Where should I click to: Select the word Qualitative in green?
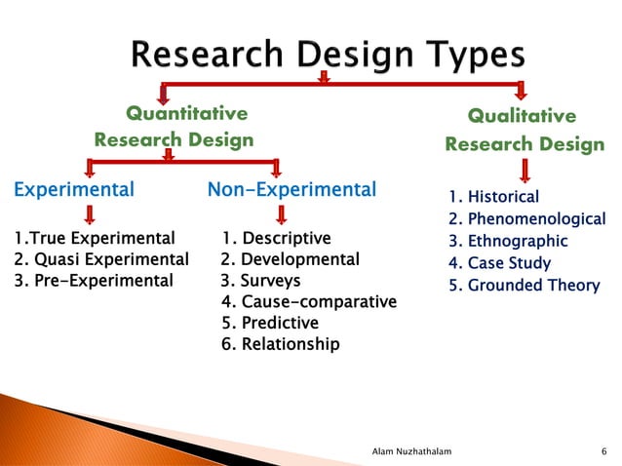(x=522, y=116)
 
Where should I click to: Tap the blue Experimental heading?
(x=73, y=189)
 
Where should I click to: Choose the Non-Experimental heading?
(x=292, y=189)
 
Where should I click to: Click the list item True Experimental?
(x=95, y=238)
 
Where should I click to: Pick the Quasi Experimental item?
(x=100, y=259)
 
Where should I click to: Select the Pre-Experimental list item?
(x=93, y=281)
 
